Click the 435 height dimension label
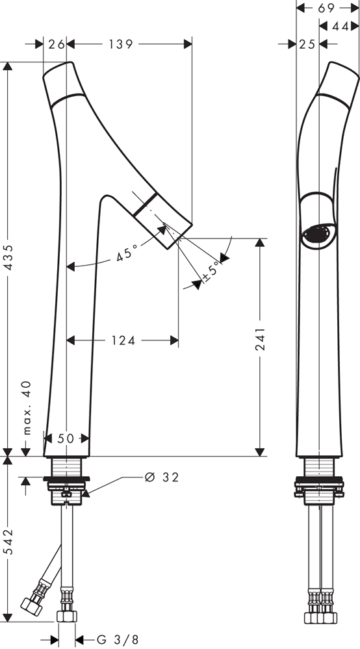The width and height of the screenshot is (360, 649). pos(9,258)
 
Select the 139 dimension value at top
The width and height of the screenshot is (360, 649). pos(121,44)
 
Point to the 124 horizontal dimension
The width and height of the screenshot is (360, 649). pos(123,340)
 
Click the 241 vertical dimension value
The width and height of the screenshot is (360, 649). pos(261,339)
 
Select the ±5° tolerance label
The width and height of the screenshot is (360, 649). pos(212,271)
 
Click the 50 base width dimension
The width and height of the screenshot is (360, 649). pos(66,439)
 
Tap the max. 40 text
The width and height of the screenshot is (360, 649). pos(27,408)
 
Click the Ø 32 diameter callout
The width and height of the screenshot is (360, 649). pos(162,477)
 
